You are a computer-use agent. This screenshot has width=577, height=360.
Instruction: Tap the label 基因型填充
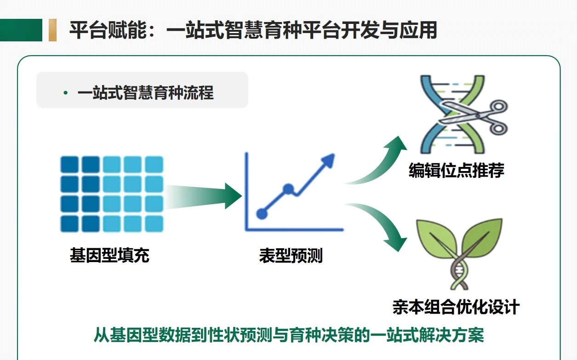(109, 255)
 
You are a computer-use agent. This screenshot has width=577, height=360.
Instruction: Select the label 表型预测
(291, 256)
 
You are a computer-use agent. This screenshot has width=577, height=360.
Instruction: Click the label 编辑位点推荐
(456, 171)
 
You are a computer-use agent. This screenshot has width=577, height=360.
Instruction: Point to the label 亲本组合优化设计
(456, 307)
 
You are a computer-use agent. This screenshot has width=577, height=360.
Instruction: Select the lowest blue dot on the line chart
(262, 213)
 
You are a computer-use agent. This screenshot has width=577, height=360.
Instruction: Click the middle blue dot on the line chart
(288, 189)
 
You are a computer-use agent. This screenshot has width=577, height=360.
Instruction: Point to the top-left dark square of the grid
(70, 164)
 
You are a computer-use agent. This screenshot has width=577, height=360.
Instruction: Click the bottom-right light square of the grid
(154, 223)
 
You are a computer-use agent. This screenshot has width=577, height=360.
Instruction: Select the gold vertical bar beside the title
(52, 30)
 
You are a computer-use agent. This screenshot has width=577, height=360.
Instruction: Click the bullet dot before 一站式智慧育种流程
(66, 93)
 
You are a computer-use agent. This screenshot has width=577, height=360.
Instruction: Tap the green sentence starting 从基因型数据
(289, 335)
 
